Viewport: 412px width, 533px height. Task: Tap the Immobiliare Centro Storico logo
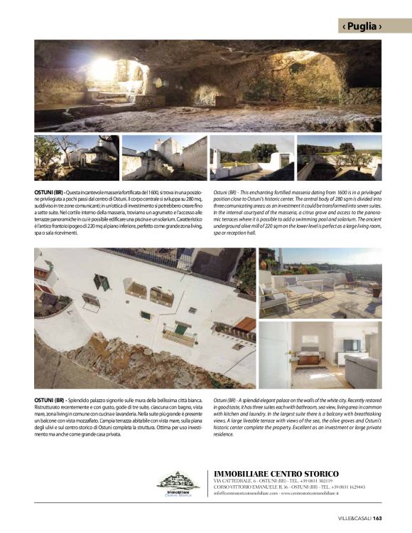(x=178, y=482)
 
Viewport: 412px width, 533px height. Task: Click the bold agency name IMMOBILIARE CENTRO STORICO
(x=276, y=473)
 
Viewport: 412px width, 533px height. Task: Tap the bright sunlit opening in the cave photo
(x=104, y=69)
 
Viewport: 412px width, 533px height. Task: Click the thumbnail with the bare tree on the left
(x=76, y=157)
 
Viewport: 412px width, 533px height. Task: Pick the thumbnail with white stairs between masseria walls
(x=164, y=157)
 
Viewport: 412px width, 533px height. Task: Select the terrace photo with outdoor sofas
(x=320, y=283)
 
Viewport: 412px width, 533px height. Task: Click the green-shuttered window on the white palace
(x=101, y=282)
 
